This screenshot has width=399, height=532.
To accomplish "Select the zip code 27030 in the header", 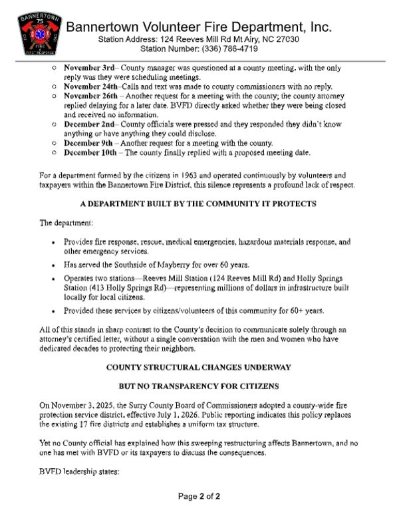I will pos(287,40).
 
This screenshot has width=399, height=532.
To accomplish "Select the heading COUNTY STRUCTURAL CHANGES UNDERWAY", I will pos(198,366).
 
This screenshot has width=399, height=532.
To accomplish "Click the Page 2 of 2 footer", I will pos(198,515).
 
